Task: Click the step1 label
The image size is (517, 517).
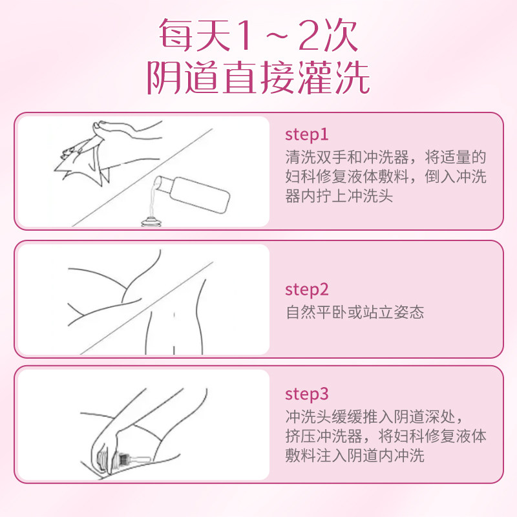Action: tap(307, 134)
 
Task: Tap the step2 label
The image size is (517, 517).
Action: tap(307, 290)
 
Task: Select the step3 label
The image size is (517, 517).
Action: tap(307, 394)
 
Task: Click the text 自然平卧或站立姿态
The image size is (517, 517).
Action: tap(355, 312)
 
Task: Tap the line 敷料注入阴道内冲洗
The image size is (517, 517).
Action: tap(355, 456)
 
